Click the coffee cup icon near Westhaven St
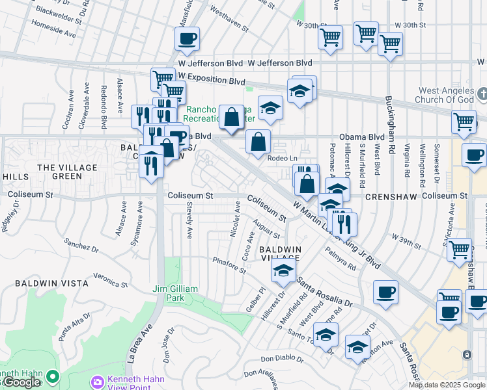(x=187, y=38)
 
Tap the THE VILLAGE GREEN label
(x=67, y=172)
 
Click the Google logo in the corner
(x=21, y=382)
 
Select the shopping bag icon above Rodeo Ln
(x=258, y=141)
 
